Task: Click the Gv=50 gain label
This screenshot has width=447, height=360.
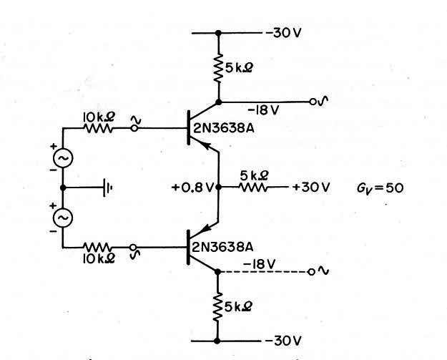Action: pos(380,188)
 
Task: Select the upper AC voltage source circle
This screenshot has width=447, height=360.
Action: pos(63,157)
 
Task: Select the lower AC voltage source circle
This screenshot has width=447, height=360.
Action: pos(63,218)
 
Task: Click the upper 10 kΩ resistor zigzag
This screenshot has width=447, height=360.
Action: pos(99,128)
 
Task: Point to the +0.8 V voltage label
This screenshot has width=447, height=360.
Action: pos(192,188)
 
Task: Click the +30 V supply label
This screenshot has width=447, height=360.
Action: pos(311,188)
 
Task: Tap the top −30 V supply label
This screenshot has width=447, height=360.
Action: pos(284,33)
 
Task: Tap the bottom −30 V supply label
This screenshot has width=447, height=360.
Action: pos(283,341)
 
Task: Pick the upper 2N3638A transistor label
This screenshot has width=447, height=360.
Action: pos(223,129)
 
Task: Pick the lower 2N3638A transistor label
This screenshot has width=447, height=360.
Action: pos(223,247)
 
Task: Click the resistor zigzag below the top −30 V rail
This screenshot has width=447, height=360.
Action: pos(218,68)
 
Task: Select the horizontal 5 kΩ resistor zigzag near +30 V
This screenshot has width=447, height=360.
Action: pos(254,188)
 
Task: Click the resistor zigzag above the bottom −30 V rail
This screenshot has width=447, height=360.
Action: pos(217,307)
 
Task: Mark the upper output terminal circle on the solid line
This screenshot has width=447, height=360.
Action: pos(313,102)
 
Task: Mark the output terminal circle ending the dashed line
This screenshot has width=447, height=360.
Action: pos(311,272)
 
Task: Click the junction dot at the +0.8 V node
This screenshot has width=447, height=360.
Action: pos(219,187)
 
